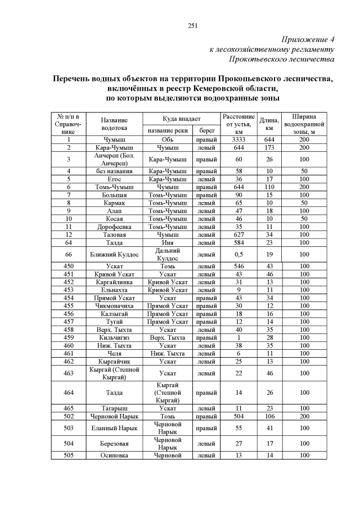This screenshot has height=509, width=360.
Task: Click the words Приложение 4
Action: tap(308, 39)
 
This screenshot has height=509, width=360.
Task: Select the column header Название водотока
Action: tap(114, 124)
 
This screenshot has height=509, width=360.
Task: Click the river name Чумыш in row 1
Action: tap(114, 139)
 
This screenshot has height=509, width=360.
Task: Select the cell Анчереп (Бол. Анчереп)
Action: tap(114, 159)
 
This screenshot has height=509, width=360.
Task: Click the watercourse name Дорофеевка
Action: tap(114, 226)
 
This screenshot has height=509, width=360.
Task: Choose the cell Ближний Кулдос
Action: tap(114, 254)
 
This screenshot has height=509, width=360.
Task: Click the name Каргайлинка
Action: tap(114, 282)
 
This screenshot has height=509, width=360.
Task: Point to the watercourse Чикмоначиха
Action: tap(114, 305)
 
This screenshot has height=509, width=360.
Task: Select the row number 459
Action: tap(69, 337)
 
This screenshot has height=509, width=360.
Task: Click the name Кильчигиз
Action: tap(114, 337)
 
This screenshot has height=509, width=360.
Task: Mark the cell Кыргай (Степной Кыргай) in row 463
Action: tap(114, 373)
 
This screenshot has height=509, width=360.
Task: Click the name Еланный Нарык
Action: tap(114, 427)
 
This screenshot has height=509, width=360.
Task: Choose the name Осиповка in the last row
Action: tap(114, 455)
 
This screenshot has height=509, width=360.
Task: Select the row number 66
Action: tap(69, 254)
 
